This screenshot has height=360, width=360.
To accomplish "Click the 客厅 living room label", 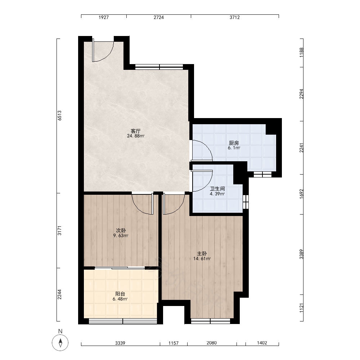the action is click(135, 131).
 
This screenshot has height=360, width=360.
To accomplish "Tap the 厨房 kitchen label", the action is click(234, 143).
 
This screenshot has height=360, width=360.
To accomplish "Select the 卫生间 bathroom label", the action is click(217, 189).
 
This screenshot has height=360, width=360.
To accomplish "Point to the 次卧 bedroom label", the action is click(121, 230).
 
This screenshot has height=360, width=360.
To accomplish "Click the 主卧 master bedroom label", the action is click(202, 254).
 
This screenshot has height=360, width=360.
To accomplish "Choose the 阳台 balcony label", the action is click(120, 294).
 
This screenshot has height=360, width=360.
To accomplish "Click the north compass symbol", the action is click(60, 343).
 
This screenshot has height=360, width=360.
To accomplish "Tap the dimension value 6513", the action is click(59, 116).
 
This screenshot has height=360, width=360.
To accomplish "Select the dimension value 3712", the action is click(235, 17).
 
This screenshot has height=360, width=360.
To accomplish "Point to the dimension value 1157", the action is click(174, 343).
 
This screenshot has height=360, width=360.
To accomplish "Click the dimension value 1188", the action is click(301, 53).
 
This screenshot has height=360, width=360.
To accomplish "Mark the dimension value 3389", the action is click(301, 255).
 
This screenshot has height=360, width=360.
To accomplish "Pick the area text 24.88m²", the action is click(136, 136).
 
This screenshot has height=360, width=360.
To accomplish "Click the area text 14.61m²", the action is click(202, 259).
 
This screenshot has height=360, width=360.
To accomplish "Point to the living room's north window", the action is click(159, 67).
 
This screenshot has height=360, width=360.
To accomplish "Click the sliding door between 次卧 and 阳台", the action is click(120, 268).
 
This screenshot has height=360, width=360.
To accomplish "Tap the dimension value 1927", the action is click(104, 17).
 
